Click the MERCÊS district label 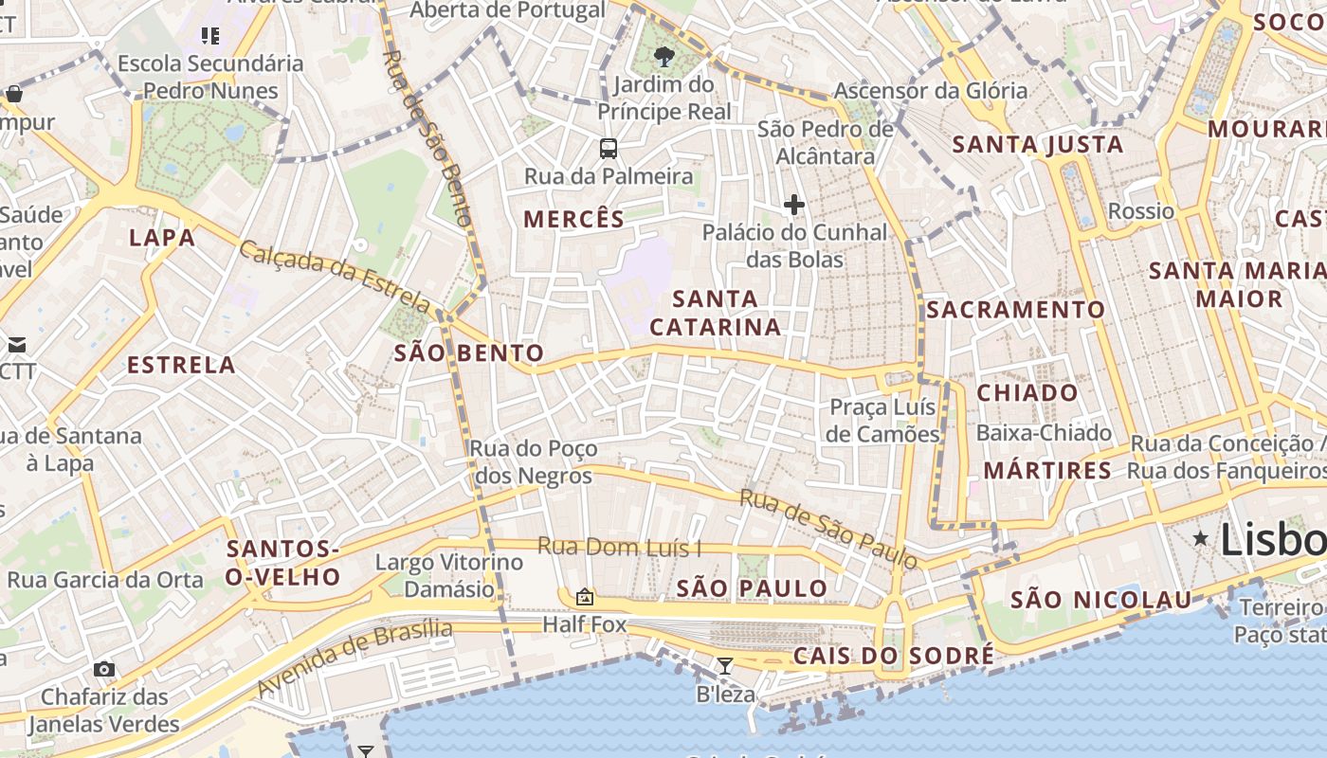tap(574, 220)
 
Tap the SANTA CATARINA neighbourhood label tap(716, 313)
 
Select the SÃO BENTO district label tap(469, 353)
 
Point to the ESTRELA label tap(181, 365)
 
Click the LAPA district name tap(162, 237)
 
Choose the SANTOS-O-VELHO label tap(283, 563)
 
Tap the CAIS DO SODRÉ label tap(894, 656)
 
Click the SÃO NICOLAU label tap(1100, 600)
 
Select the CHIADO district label tap(1027, 392)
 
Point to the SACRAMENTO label tap(1015, 310)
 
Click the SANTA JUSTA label tap(1038, 145)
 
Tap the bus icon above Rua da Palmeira tap(609, 149)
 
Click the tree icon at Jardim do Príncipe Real tap(664, 57)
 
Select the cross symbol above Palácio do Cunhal tap(794, 205)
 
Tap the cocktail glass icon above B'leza tap(725, 666)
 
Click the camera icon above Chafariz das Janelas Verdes tap(104, 669)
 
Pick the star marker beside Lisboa tap(1201, 539)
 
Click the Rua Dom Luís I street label tap(620, 547)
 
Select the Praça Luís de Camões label tap(882, 421)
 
